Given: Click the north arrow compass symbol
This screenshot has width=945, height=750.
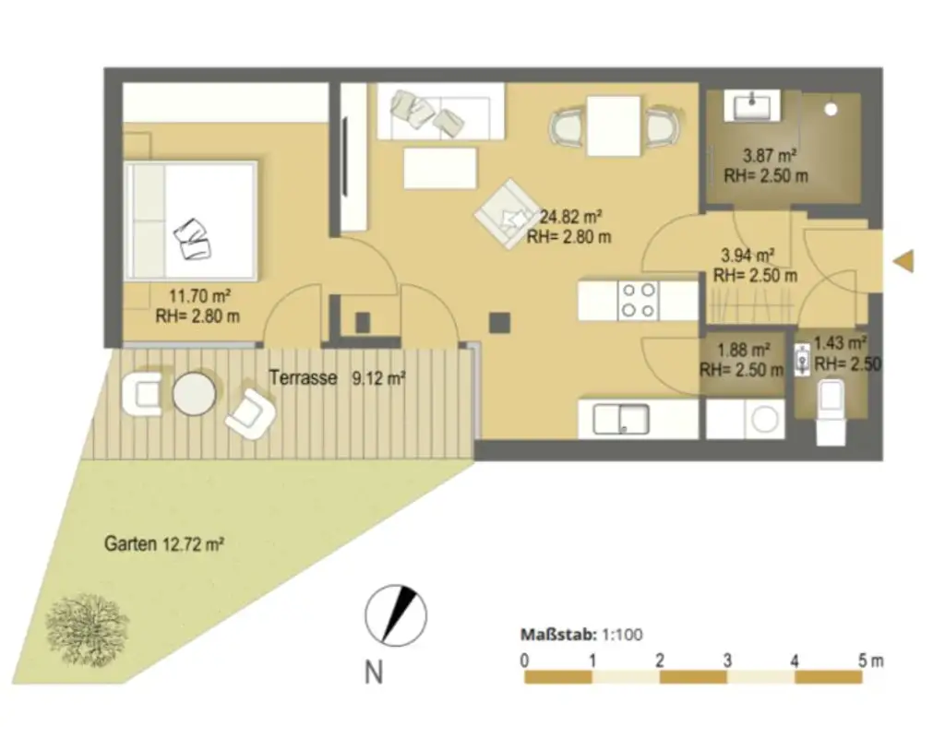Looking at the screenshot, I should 395,615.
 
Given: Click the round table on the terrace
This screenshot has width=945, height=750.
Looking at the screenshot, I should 195,395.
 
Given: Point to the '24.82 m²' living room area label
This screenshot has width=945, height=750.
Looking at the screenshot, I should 570,219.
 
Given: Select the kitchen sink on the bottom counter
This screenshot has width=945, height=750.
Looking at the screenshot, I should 620,419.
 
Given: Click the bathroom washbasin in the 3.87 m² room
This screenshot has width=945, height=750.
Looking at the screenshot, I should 755,106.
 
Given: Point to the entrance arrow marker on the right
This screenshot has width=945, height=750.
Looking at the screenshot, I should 903,261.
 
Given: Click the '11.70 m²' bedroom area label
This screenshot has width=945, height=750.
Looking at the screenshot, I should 199,297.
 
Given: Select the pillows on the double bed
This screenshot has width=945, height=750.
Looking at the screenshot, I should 193,239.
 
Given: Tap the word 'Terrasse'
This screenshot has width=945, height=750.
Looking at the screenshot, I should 303,377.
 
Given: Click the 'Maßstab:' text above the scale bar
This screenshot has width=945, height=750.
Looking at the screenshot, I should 557,635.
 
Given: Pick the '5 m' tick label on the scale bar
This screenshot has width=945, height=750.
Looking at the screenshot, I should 870,661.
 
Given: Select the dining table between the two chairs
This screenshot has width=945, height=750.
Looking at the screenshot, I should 614,125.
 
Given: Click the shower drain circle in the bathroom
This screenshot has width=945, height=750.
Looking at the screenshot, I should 831,109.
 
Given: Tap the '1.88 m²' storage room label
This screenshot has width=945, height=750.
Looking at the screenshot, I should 744,351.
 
